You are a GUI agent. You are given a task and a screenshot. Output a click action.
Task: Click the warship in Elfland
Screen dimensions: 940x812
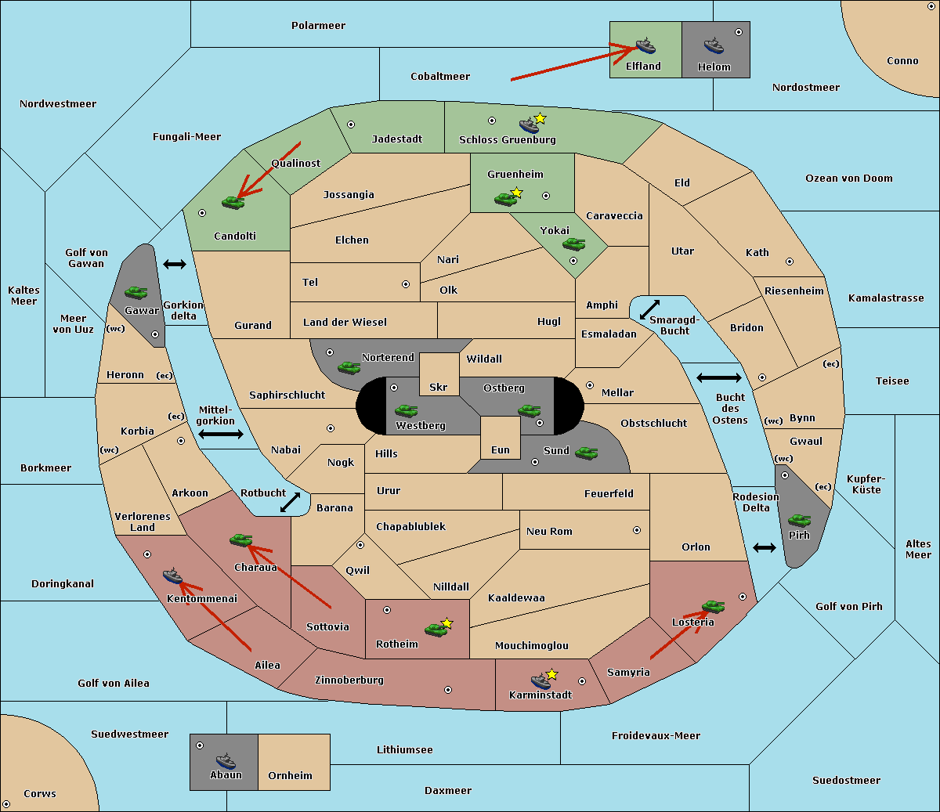coord(645,45)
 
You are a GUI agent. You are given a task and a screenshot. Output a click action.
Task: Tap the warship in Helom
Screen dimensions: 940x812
coord(714,45)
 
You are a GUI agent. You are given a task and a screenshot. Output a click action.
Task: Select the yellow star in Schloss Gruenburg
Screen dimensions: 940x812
coord(540,119)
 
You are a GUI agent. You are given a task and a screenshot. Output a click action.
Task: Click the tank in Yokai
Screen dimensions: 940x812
coord(573,244)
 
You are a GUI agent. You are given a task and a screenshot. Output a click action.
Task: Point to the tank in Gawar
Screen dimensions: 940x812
coord(136,292)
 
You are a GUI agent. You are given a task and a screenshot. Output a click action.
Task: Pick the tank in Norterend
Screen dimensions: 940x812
coord(349,368)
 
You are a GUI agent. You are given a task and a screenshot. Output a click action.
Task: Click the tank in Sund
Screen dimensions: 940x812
coord(586,453)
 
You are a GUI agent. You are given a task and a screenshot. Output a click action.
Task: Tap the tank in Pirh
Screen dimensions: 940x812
coord(799,520)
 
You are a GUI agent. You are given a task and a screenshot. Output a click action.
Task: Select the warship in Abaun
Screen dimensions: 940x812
coord(226,760)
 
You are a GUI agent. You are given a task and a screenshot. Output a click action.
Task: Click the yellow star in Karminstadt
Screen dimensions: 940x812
coord(551,673)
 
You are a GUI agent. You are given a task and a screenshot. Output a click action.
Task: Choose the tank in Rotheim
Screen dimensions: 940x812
coord(436,630)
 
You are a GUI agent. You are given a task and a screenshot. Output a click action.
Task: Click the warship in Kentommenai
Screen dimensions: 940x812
coord(172,576)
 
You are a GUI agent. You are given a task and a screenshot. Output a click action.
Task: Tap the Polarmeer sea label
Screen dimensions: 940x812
coord(318,26)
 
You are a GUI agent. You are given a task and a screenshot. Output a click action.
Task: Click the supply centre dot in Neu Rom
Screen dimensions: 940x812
coord(637,530)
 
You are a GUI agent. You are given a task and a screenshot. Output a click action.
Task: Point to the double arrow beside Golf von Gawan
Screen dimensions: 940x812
coord(175,264)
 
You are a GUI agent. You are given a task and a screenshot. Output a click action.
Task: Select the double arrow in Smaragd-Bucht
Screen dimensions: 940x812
coord(649,309)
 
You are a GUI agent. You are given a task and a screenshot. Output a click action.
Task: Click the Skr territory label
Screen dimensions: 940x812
coord(439,387)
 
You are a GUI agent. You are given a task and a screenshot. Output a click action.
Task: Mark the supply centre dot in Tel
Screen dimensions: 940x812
coord(406,284)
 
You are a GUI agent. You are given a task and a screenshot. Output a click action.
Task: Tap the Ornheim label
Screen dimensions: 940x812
coord(290,775)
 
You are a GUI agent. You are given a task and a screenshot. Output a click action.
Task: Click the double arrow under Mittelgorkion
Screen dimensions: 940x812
coord(221,434)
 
